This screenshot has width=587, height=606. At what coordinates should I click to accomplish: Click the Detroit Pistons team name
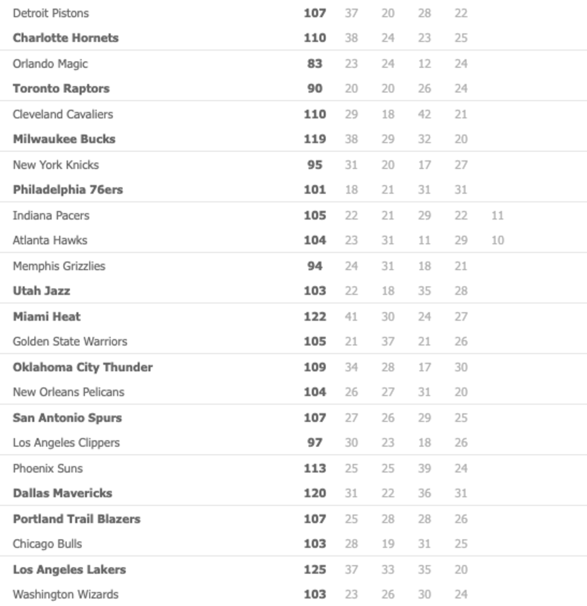pyautogui.click(x=50, y=13)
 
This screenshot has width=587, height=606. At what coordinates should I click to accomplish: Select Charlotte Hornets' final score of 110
pyautogui.click(x=315, y=38)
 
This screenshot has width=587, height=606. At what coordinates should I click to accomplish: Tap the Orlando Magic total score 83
pyautogui.click(x=315, y=63)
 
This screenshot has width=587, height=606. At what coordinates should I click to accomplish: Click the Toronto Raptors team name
pyautogui.click(x=61, y=88)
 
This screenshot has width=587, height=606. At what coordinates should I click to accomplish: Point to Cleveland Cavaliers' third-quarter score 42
pyautogui.click(x=424, y=114)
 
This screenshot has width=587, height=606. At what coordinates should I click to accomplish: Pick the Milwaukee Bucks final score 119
pyautogui.click(x=315, y=139)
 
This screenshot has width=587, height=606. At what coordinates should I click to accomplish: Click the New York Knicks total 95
pyautogui.click(x=315, y=165)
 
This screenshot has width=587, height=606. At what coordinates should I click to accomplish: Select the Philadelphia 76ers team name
pyautogui.click(x=67, y=189)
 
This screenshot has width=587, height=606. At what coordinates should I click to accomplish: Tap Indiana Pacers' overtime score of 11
pyautogui.click(x=497, y=215)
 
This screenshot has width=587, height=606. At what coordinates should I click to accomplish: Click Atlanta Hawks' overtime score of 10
pyautogui.click(x=497, y=240)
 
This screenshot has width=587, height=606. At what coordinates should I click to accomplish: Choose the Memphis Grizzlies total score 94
pyautogui.click(x=315, y=266)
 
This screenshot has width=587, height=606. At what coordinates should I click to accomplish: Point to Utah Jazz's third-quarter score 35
pyautogui.click(x=424, y=290)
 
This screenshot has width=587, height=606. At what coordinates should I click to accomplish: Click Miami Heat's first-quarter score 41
pyautogui.click(x=351, y=316)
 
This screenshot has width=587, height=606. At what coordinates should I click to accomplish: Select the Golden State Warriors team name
pyautogui.click(x=70, y=341)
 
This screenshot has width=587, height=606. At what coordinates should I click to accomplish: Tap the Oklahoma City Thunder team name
pyautogui.click(x=83, y=367)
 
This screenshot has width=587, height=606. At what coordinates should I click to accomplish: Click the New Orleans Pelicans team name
pyautogui.click(x=69, y=391)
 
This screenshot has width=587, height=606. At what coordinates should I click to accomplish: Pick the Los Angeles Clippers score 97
pyautogui.click(x=315, y=443)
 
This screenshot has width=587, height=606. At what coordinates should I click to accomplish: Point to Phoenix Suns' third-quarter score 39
pyautogui.click(x=424, y=468)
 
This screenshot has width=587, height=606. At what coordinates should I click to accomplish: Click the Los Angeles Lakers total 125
pyautogui.click(x=315, y=569)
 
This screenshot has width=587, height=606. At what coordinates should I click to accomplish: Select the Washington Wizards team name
pyautogui.click(x=66, y=594)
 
